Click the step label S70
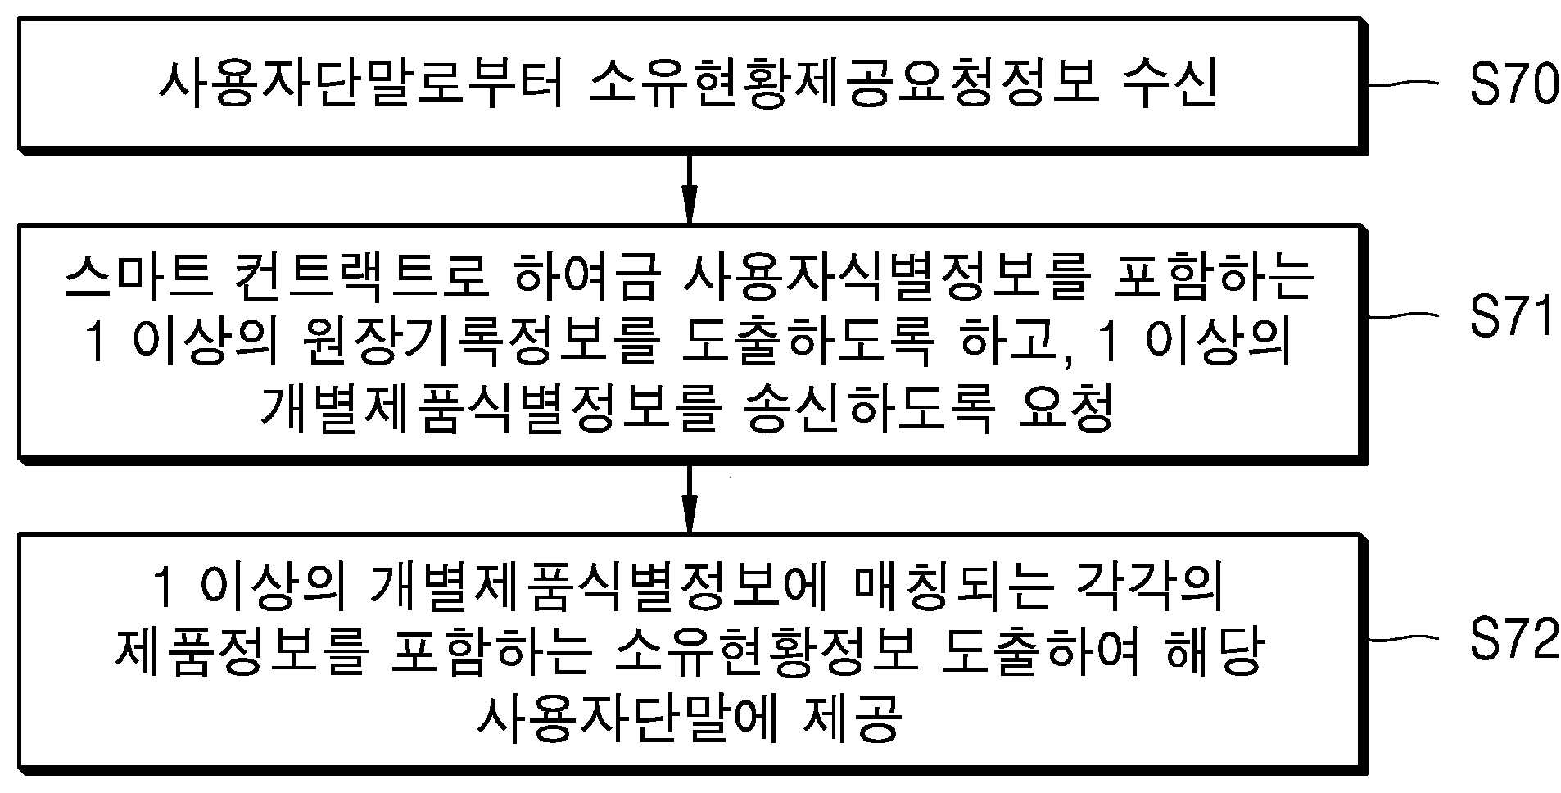coord(1513,84)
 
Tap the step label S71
coord(1511,315)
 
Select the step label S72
coord(1513,639)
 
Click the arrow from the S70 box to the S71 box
coord(690,187)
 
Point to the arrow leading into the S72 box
coord(690,498)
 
